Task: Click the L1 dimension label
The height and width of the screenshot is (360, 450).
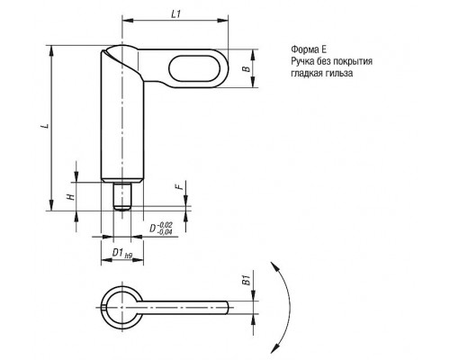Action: [176, 14]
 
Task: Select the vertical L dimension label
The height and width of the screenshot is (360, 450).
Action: [46, 125]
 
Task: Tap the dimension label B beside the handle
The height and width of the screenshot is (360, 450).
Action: [247, 68]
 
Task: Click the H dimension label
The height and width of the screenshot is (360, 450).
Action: [71, 196]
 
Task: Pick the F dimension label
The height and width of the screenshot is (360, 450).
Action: [179, 186]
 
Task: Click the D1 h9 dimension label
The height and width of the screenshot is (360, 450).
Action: [122, 253]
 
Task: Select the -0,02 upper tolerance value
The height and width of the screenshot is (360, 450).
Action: [165, 225]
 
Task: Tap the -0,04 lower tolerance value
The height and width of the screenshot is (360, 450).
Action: [165, 232]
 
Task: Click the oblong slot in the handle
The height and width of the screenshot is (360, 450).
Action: [194, 68]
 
